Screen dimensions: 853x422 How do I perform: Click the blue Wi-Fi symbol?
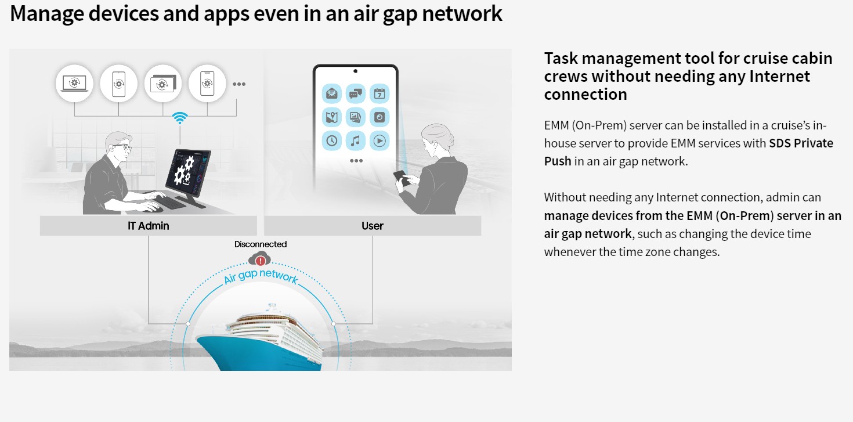pyautogui.click(x=180, y=117)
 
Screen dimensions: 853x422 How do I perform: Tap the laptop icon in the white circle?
pyautogui.click(x=75, y=84)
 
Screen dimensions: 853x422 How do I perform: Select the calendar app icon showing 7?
pyautogui.click(x=379, y=93)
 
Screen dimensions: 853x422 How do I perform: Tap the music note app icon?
pyautogui.click(x=355, y=141)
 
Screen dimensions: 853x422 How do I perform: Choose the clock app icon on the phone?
pyautogui.click(x=332, y=141)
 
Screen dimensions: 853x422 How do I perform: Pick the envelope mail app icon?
pyautogui.click(x=332, y=93)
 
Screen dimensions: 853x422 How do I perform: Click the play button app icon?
pyautogui.click(x=379, y=141)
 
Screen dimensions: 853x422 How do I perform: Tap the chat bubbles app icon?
pyautogui.click(x=355, y=93)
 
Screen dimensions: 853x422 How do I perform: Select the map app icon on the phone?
pyautogui.click(x=332, y=117)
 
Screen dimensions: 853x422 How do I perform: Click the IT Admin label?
pyautogui.click(x=148, y=226)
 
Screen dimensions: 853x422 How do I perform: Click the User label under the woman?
pyautogui.click(x=373, y=226)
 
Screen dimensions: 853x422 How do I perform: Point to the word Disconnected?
pyautogui.click(x=261, y=244)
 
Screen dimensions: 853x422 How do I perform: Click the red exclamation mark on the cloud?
pyautogui.click(x=261, y=261)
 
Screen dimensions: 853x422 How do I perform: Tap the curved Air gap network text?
pyautogui.click(x=261, y=276)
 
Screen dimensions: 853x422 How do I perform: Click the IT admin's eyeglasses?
pyautogui.click(x=122, y=147)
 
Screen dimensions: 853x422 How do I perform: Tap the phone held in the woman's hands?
pyautogui.click(x=402, y=178)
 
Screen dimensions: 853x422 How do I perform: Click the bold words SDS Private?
pyautogui.click(x=801, y=143)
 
